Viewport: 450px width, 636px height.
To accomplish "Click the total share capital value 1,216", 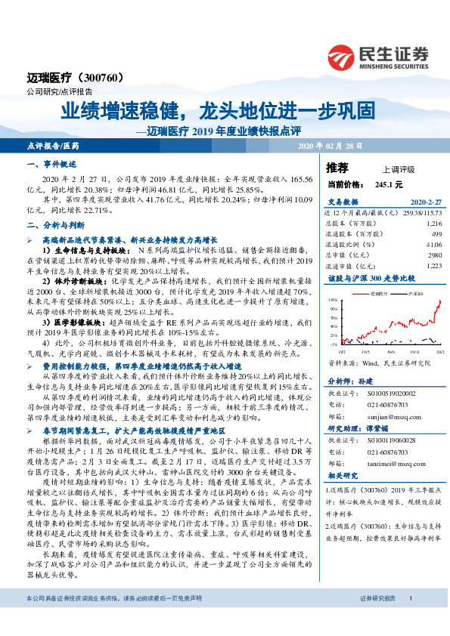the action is pos(433,224).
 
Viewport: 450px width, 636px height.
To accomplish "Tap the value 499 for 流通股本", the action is pos(436,234).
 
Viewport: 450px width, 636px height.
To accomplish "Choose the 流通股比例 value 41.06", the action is pos(433,245).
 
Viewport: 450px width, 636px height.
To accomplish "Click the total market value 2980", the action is pos(433,255).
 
